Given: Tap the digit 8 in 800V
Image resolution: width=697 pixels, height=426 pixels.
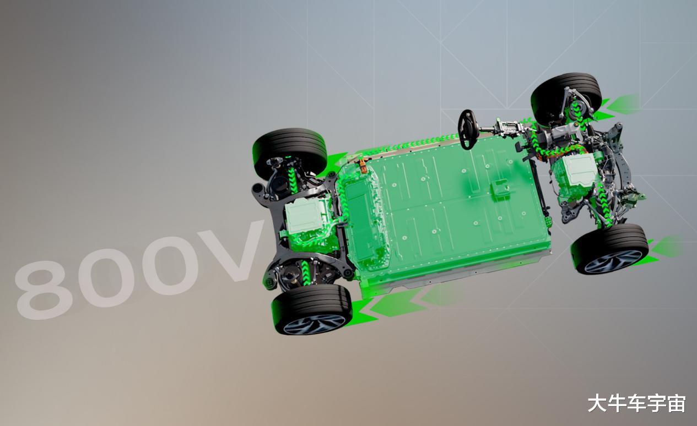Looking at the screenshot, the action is [44, 290].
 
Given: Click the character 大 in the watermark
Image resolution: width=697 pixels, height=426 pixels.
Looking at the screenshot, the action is [597, 403].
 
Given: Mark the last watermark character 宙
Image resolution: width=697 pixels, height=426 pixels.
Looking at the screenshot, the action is [676, 403].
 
